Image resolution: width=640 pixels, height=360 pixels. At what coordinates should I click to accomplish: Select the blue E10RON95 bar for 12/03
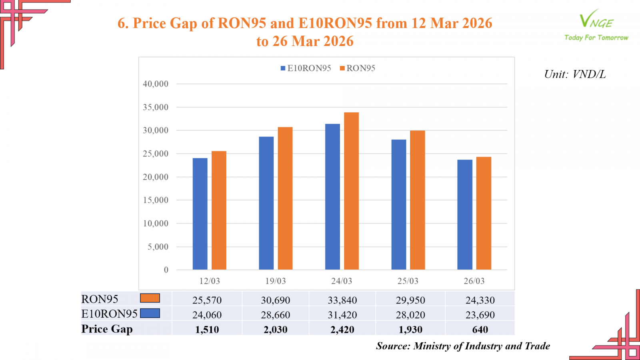pyautogui.click(x=200, y=214)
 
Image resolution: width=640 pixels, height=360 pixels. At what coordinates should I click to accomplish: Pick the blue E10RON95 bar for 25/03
pyautogui.click(x=398, y=204)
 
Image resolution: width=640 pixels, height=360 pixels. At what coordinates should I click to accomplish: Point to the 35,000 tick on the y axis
pyautogui.click(x=156, y=107)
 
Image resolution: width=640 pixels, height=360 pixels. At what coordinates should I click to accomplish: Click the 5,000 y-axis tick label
pyautogui.click(x=158, y=247)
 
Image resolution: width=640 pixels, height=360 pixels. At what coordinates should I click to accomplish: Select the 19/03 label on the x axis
pyautogui.click(x=276, y=281)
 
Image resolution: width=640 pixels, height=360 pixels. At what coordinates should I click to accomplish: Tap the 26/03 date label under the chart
pyautogui.click(x=474, y=281)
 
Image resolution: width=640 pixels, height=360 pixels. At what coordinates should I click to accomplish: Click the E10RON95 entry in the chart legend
pyautogui.click(x=306, y=68)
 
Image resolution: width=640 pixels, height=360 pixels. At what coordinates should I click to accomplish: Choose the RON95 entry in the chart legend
pyautogui.click(x=358, y=68)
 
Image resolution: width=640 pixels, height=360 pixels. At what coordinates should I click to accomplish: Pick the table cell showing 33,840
pyautogui.click(x=342, y=300)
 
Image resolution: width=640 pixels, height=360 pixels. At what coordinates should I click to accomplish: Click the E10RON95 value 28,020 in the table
pyautogui.click(x=410, y=315)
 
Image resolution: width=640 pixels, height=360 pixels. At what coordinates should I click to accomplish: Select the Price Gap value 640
pyautogui.click(x=480, y=330)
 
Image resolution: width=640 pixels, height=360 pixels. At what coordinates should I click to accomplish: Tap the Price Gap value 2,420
pyautogui.click(x=342, y=330)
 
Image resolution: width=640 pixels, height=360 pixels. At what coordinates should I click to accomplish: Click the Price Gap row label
pyautogui.click(x=107, y=329)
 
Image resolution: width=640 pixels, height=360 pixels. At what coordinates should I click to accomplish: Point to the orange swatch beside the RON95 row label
pyautogui.click(x=150, y=298)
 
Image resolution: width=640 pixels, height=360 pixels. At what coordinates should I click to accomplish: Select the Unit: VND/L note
pyautogui.click(x=575, y=74)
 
